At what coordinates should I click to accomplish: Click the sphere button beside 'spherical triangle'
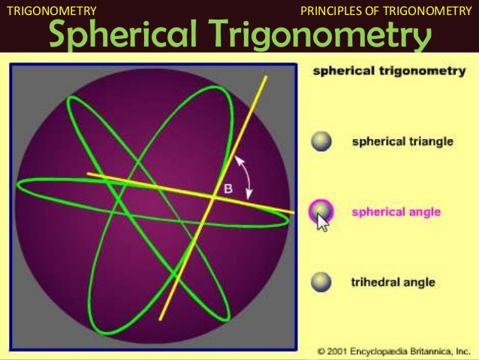click(322, 142)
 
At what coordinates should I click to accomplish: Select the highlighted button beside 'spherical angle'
click(321, 211)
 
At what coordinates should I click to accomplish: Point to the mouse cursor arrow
click(322, 222)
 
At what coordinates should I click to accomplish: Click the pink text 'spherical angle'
click(396, 212)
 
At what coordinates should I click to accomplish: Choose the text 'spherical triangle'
click(402, 142)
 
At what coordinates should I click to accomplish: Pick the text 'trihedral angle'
click(393, 283)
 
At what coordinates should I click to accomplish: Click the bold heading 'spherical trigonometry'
click(380, 73)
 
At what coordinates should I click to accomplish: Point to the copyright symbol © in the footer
click(321, 351)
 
